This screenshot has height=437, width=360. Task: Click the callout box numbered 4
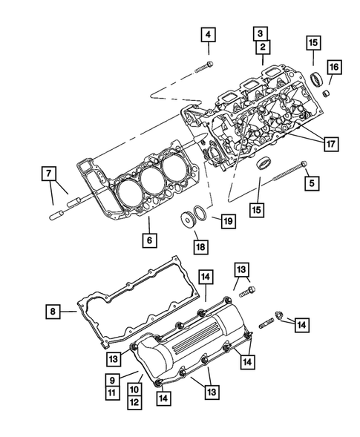pyautogui.click(x=209, y=34)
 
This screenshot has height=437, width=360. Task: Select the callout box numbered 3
pyautogui.click(x=261, y=33)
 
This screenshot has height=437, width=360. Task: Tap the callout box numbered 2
pyautogui.click(x=261, y=47)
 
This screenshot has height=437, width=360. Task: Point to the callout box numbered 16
pyautogui.click(x=335, y=68)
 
